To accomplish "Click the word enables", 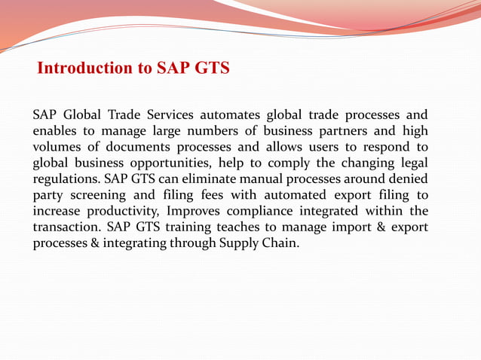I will [55, 132].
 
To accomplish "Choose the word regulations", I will [68, 180].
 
